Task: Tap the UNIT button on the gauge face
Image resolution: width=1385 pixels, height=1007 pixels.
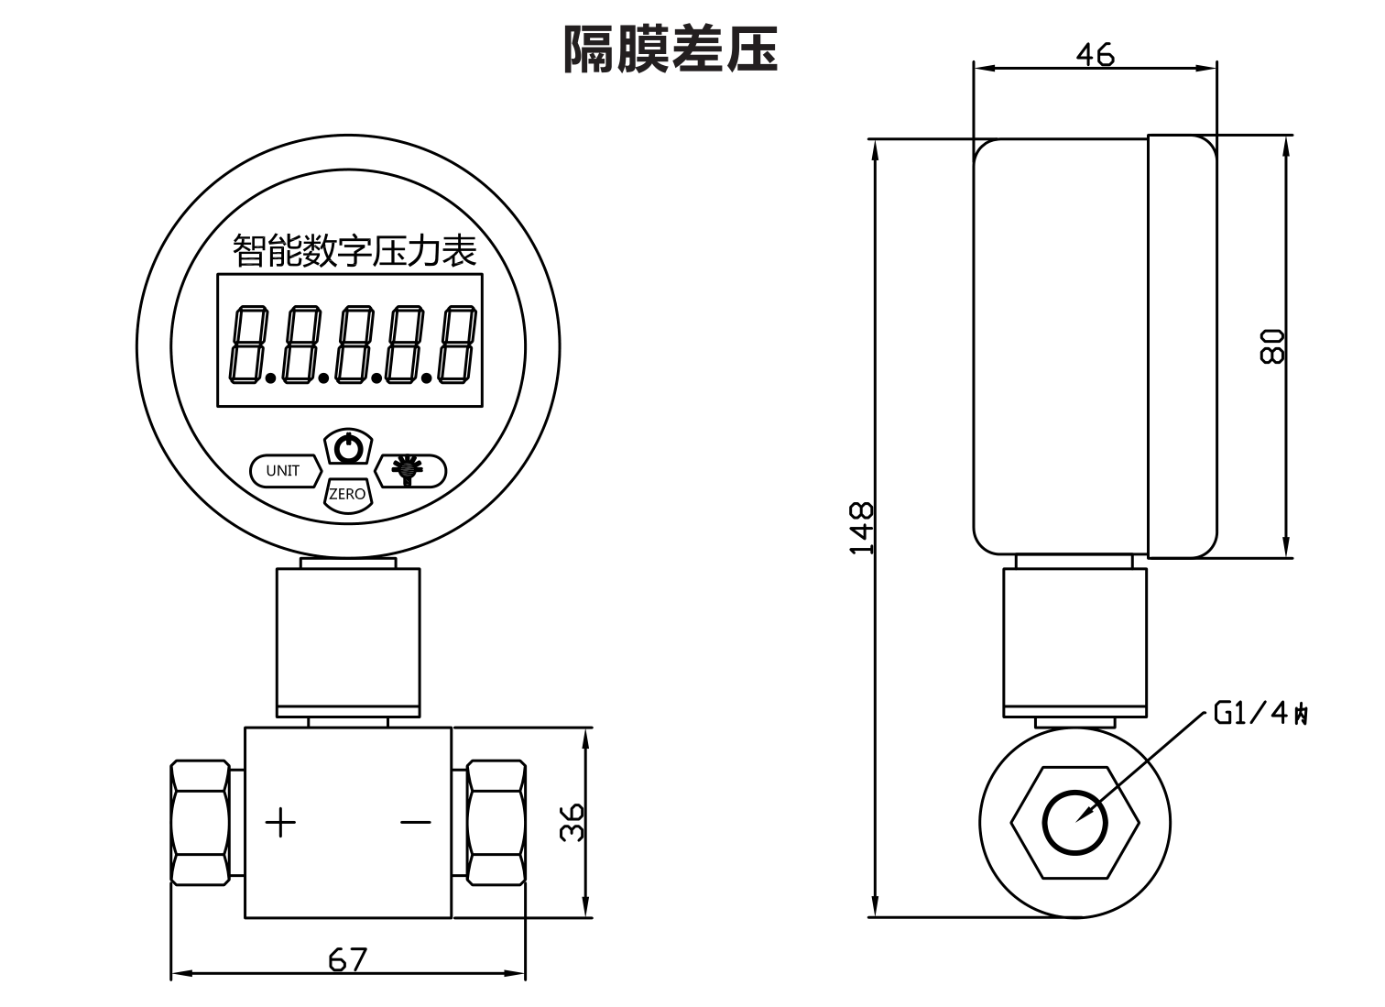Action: (284, 471)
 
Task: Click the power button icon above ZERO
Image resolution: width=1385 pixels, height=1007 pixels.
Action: (348, 449)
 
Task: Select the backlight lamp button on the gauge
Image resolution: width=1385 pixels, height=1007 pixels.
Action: (409, 470)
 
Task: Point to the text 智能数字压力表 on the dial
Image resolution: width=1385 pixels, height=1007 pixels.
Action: (354, 250)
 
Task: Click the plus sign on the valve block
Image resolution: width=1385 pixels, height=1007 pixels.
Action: (281, 822)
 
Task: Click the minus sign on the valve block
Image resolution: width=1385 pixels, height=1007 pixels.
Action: (416, 822)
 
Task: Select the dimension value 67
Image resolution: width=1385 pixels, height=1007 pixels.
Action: (348, 959)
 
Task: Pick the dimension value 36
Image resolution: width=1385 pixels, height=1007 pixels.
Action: (573, 821)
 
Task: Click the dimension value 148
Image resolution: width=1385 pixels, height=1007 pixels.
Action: (861, 528)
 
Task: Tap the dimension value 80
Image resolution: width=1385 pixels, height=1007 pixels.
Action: (1273, 346)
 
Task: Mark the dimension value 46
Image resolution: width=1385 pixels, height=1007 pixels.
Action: (1095, 55)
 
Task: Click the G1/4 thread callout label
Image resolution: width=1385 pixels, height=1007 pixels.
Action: (1260, 713)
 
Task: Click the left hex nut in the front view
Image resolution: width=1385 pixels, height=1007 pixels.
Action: (200, 822)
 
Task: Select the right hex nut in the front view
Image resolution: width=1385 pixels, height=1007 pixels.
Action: (496, 822)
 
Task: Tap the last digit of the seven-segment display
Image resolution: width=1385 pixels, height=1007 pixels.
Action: (457, 345)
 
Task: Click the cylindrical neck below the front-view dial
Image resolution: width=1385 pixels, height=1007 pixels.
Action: (348, 641)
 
